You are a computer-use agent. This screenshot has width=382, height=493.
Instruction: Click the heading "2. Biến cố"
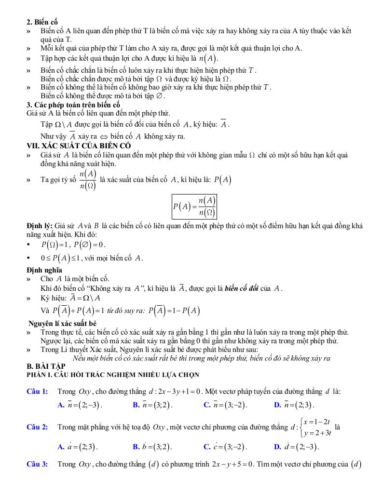tap(42, 22)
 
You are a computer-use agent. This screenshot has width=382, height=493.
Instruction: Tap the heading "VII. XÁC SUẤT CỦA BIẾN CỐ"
tap(79, 145)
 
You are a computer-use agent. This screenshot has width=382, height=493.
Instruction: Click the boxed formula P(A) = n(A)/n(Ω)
tap(194, 207)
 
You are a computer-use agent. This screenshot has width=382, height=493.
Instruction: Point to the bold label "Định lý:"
tap(40, 226)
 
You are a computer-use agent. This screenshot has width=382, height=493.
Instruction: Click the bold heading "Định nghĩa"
tap(44, 270)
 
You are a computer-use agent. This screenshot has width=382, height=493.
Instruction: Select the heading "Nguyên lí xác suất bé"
tap(62, 324)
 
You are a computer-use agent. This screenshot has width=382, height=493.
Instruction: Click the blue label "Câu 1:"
tap(37, 391)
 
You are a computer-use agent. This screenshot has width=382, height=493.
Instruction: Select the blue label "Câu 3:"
tap(37, 465)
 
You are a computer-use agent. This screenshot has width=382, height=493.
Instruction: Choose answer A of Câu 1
tap(80, 405)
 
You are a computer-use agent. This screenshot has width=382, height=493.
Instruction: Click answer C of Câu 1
tap(225, 405)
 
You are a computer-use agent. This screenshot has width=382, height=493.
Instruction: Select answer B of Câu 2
tap(152, 447)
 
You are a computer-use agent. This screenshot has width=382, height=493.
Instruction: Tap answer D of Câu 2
tap(296, 447)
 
